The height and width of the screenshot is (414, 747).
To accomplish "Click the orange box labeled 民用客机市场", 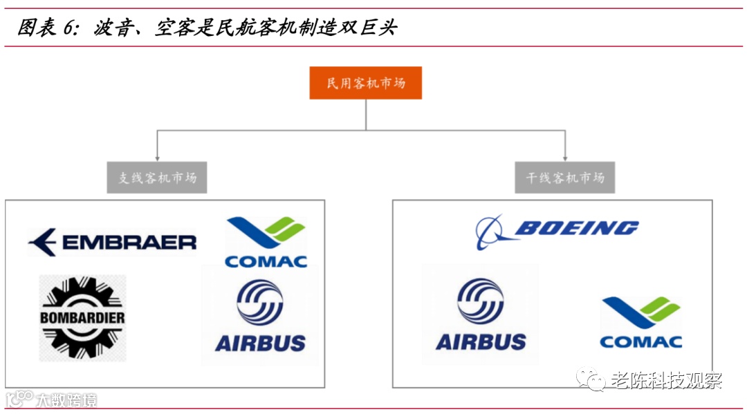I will (x=365, y=84).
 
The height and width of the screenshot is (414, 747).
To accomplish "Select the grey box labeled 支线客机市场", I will (x=157, y=178).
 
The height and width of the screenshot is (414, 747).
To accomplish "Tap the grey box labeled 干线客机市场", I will (x=565, y=178).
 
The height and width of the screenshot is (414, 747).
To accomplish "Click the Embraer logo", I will (x=112, y=242).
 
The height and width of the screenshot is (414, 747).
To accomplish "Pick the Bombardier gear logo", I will (x=82, y=318).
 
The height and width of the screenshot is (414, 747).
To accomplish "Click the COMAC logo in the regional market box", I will (x=266, y=242).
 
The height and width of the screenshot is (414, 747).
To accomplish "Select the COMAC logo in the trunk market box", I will (x=640, y=322).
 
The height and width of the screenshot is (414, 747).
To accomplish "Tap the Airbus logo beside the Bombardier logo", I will (x=260, y=315).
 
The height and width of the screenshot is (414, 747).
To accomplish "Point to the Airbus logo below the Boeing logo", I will (x=481, y=314).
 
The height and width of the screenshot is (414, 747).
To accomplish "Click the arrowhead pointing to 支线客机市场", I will (x=157, y=157).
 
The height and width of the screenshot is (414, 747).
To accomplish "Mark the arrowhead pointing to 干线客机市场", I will (x=565, y=157).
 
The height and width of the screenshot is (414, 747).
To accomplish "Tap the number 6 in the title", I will (x=68, y=28).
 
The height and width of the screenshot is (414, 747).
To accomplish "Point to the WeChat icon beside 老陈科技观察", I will (x=593, y=379).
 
